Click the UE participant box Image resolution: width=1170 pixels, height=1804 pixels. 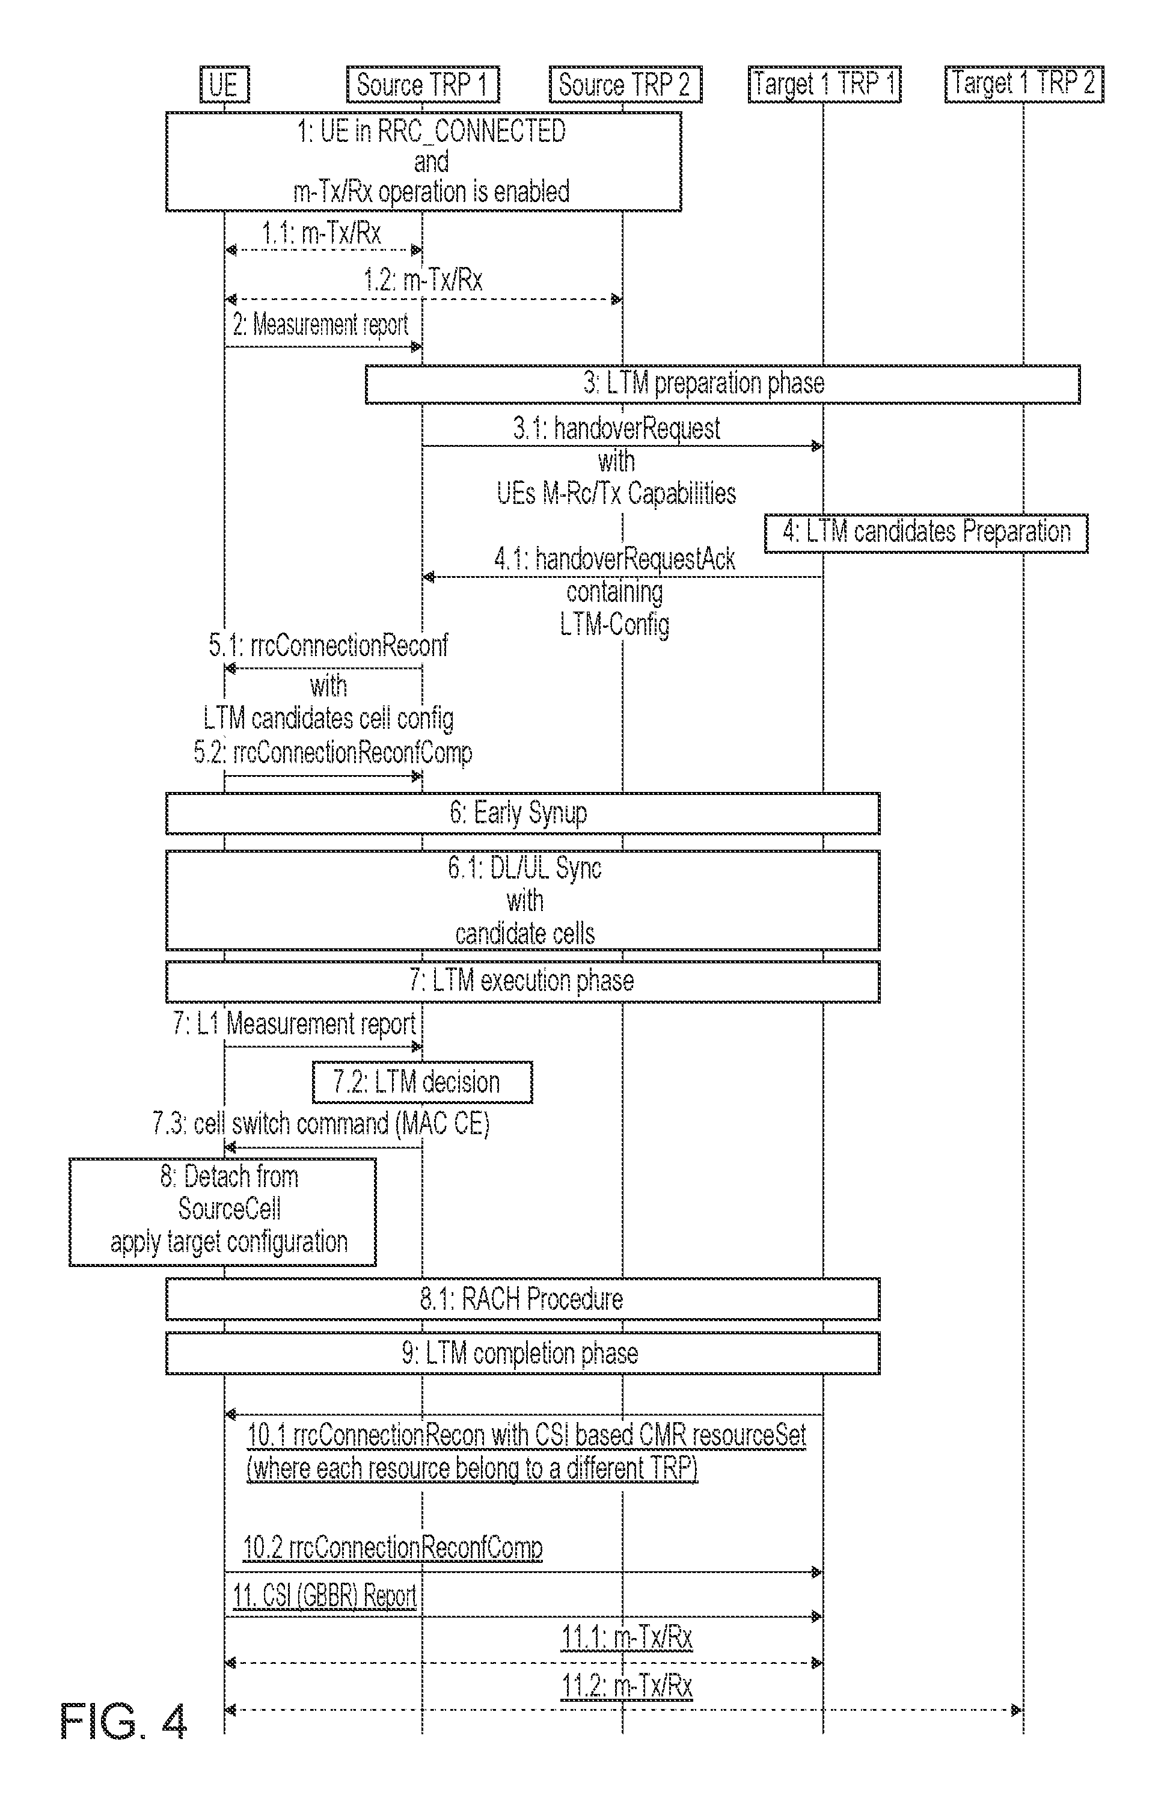tap(224, 84)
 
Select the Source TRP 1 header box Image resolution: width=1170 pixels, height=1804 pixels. tap(423, 84)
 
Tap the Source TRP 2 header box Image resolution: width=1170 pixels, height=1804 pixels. tap(625, 84)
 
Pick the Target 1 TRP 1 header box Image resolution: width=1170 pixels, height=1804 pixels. tap(824, 84)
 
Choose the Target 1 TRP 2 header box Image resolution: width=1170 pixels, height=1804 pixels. tap(1024, 84)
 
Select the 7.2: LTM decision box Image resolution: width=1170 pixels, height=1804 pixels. tap(422, 1082)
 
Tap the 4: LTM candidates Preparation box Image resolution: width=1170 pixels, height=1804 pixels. tap(926, 532)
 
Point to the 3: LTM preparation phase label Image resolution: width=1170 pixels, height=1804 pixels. tap(704, 383)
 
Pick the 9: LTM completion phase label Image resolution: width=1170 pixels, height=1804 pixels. tap(520, 1354)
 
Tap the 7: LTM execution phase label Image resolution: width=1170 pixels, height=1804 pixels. tap(521, 981)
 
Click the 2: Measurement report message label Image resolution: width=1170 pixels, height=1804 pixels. tap(320, 325)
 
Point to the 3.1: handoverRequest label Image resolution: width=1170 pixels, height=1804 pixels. tap(617, 429)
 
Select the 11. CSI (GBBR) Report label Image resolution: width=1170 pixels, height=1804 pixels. tap(324, 1595)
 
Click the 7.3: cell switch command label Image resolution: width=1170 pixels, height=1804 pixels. tap(321, 1123)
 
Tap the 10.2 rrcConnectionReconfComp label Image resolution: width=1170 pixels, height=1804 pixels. tap(393, 1547)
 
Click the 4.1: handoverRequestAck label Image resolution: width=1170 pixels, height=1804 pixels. tap(614, 559)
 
